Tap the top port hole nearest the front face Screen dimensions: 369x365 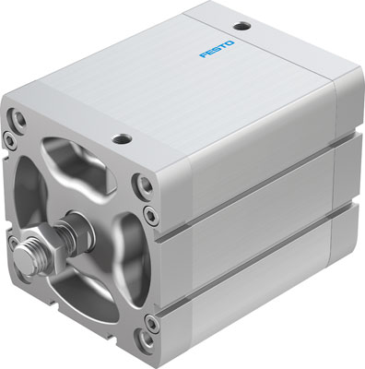pos(121,140)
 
